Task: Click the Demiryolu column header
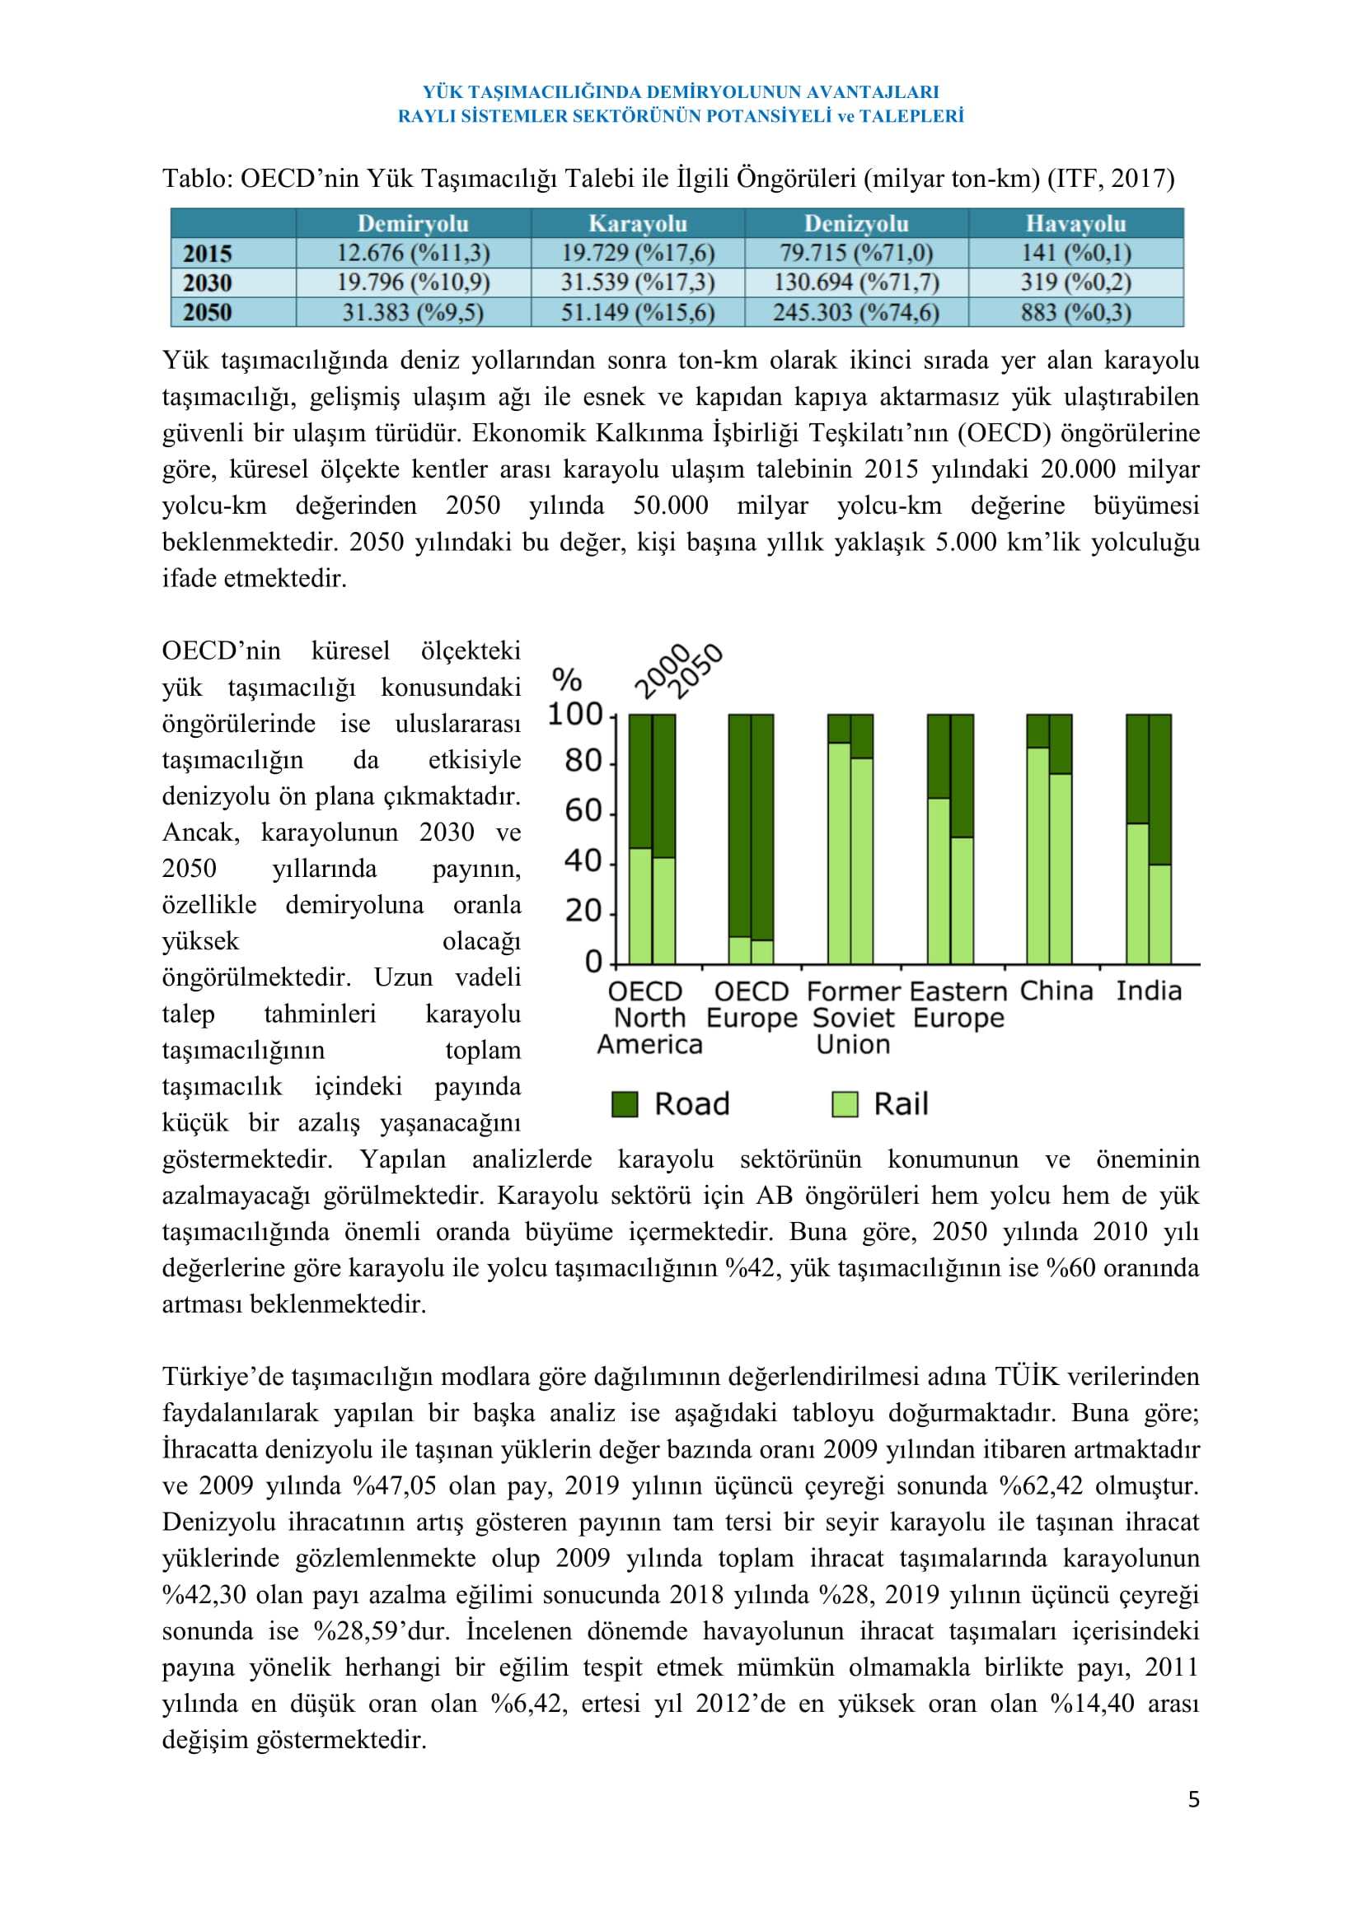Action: (413, 224)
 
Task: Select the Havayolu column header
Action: (1075, 224)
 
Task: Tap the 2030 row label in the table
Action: (208, 282)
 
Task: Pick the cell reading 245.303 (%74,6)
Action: (855, 312)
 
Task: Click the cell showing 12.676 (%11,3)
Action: (413, 253)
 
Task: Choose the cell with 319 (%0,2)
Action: (1075, 282)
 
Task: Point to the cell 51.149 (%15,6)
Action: (637, 312)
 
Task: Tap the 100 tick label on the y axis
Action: (575, 714)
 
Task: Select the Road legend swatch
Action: (625, 1104)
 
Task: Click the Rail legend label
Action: (901, 1104)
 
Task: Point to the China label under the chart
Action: (1056, 991)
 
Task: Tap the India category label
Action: (1148, 991)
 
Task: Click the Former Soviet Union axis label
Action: (853, 1018)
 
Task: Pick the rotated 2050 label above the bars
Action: (698, 670)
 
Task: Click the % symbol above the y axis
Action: (567, 678)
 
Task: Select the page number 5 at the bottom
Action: (1193, 1799)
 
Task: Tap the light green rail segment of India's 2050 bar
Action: (1160, 914)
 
